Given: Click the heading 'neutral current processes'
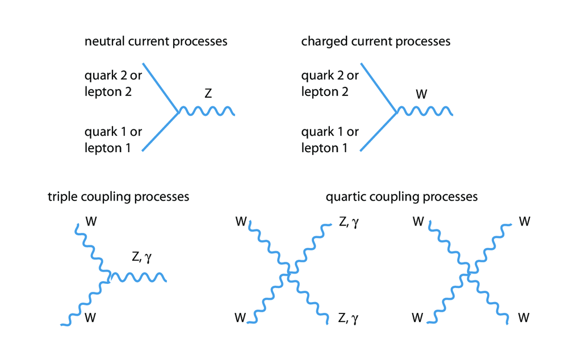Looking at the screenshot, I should point(156,41).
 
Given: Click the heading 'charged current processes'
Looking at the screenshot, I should point(375,41).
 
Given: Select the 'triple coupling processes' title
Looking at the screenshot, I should point(118,197).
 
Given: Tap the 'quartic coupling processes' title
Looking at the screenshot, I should point(401,197).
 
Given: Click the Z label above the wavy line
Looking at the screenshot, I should point(208,94).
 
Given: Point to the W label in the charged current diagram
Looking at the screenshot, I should point(421,94).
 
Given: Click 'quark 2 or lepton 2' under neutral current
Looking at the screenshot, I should point(113,83).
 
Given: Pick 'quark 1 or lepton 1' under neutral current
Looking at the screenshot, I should point(113,140).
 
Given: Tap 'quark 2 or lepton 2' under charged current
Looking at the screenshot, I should point(330,83).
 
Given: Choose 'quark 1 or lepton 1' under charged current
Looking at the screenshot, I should point(330,140).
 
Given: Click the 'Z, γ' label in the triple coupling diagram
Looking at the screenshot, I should point(141,257).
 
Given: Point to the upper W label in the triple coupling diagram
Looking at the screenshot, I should point(90,220).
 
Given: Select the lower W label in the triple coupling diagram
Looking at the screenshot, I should point(90,318).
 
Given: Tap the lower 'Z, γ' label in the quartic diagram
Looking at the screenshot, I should point(349,319).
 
